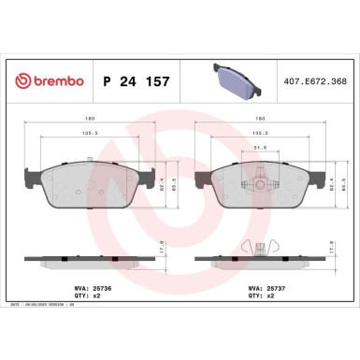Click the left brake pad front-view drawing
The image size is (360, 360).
click(90, 181)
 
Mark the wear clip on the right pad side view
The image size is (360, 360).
click(252, 248)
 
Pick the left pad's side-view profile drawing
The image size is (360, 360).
click(90, 258)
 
